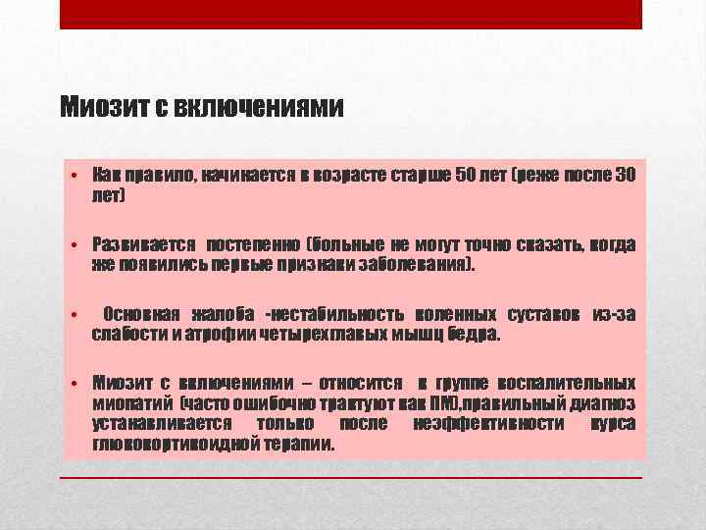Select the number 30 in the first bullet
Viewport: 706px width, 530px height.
tap(626, 176)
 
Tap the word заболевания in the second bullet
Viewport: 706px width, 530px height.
tap(415, 264)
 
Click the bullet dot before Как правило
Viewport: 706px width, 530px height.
tap(75, 176)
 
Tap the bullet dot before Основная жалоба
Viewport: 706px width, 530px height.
tap(75, 314)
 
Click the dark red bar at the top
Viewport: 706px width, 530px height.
tap(351, 14)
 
